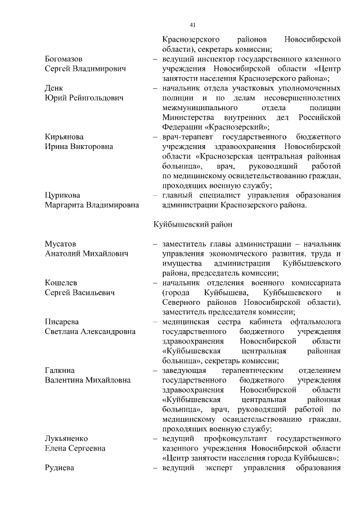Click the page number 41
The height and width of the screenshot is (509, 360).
pos(192,25)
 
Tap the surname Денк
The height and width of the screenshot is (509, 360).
pos(54,88)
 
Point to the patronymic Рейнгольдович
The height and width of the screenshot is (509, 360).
pos(93,98)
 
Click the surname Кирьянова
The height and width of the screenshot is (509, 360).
pos(65,137)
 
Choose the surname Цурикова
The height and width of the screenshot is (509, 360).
pos(64,195)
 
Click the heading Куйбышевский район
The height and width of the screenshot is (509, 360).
pos(193,224)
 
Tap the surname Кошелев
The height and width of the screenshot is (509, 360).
pos(61,283)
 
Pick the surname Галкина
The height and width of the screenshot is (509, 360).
pos(61,371)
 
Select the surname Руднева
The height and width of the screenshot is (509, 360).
pos(61,467)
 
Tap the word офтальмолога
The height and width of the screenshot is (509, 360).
pos(315,322)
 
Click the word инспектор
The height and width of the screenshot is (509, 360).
pos(216,59)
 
